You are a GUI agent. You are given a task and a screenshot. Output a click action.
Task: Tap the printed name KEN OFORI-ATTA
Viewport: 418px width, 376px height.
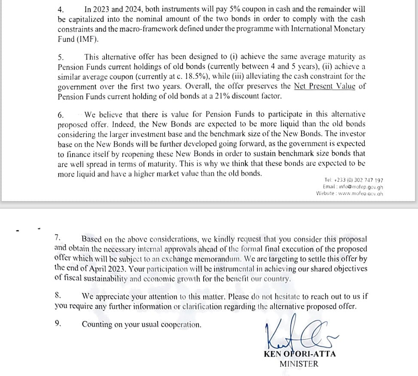click(x=300, y=354)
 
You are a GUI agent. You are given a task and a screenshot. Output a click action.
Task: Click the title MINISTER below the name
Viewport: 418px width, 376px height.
click(x=299, y=364)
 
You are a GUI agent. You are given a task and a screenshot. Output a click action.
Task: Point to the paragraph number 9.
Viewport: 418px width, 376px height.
click(x=58, y=324)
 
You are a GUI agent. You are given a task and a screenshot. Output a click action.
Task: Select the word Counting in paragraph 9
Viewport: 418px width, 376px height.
click(x=97, y=325)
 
